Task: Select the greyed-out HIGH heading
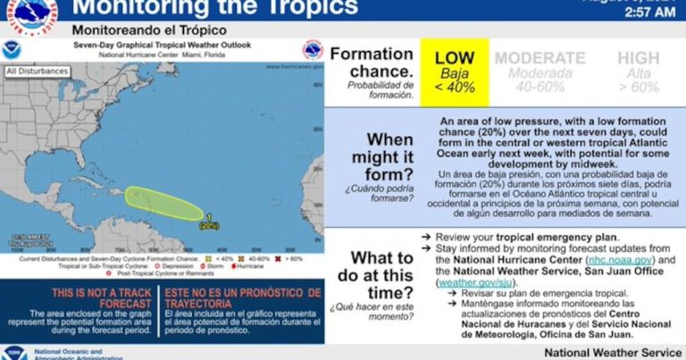pos(638,59)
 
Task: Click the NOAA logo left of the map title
pos(11,49)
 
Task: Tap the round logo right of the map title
pos(313,49)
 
